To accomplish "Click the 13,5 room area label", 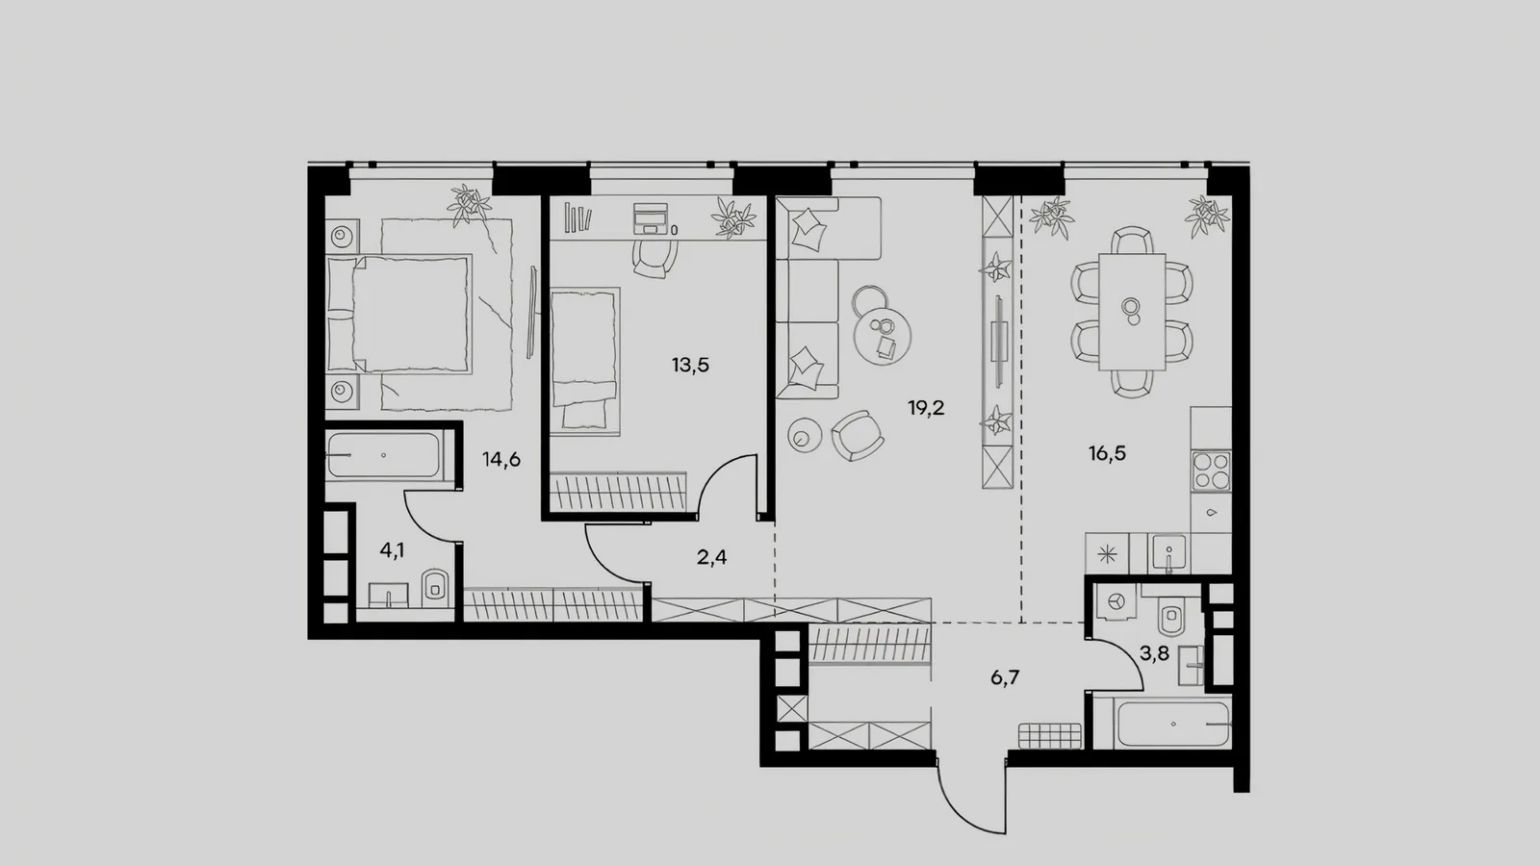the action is click(690, 365).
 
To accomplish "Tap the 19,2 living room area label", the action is click(926, 408).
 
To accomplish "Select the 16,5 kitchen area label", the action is click(1107, 453).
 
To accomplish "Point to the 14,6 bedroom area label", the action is click(501, 460).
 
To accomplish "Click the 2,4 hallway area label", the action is click(711, 557).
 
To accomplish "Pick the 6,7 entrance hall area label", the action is click(1005, 678).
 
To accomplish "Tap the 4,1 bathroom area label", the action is click(392, 549).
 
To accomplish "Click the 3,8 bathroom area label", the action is click(1154, 653).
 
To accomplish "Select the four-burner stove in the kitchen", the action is click(1212, 471).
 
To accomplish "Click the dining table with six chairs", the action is click(1132, 312).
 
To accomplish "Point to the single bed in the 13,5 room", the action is click(585, 362).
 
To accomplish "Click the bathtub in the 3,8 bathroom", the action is click(1173, 724).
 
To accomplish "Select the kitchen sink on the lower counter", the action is click(1168, 553).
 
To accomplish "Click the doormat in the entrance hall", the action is click(1050, 735).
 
